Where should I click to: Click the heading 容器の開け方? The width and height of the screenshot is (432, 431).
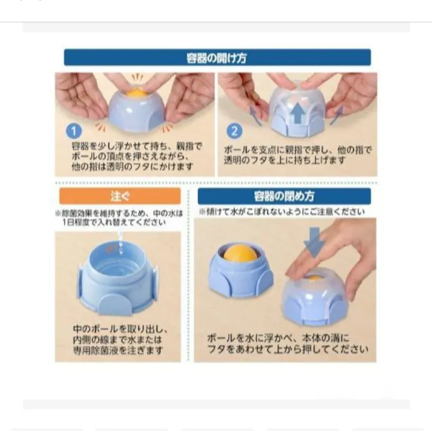(x=217, y=58)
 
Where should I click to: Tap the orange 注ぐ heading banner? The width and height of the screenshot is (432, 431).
(x=120, y=196)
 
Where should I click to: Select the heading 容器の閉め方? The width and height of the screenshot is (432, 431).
(x=284, y=196)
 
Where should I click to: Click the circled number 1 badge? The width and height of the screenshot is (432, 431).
(x=74, y=131)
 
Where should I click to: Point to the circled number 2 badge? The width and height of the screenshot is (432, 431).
(x=235, y=131)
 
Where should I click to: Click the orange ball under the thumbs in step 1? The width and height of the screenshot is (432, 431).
(x=137, y=93)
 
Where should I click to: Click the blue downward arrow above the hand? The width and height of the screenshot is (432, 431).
(x=314, y=242)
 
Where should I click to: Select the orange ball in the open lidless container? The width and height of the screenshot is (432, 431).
(x=240, y=254)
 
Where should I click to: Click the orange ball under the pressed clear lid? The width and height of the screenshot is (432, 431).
(x=314, y=278)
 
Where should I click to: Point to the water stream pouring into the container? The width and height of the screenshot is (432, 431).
(x=120, y=243)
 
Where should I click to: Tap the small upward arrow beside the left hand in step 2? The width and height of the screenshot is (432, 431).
(x=255, y=116)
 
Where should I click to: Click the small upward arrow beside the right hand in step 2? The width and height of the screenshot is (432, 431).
(x=337, y=115)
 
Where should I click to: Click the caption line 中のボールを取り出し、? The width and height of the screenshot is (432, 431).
(x=121, y=329)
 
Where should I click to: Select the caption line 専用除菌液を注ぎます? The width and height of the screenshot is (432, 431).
(x=118, y=350)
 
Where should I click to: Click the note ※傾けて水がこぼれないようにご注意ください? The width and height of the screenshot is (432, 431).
(x=282, y=212)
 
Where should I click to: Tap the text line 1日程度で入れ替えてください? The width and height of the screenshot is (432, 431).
(x=114, y=222)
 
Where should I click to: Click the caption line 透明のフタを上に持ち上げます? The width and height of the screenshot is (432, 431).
(x=284, y=160)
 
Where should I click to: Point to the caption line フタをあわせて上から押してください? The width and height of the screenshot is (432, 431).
(x=288, y=349)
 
